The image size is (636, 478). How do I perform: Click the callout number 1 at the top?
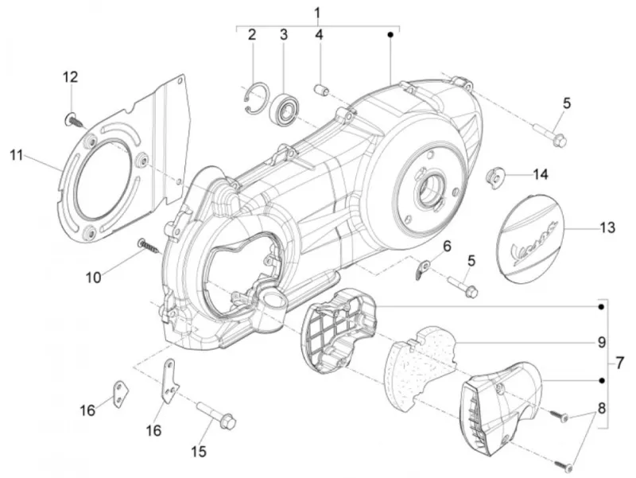pos(317,13)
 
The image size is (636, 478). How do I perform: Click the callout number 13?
pos(607,227)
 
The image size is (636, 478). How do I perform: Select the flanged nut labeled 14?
pos(494,177)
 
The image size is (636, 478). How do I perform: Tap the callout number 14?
pos(541,174)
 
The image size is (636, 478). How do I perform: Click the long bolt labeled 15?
pos(216,414)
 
